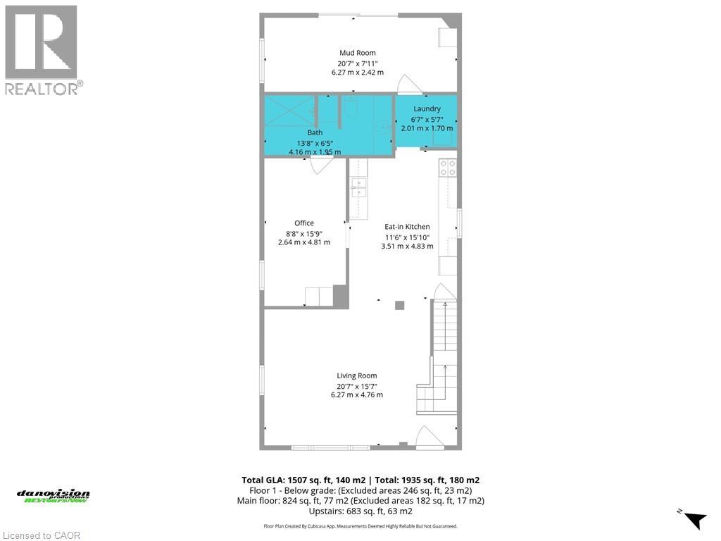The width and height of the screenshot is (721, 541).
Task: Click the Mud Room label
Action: coord(357,53)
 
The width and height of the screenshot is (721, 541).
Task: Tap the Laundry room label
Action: coord(427,108)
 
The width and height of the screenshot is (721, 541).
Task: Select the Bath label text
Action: coord(315,132)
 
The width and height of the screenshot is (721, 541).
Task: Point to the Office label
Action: coord(304,223)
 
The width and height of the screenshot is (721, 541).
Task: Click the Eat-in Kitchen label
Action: coord(407,227)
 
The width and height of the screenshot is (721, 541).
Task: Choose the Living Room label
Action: coord(357,375)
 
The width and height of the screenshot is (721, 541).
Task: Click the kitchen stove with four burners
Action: coord(448,168)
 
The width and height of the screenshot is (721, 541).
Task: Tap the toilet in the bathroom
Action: coord(351,106)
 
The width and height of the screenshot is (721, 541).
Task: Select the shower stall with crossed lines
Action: coord(289,110)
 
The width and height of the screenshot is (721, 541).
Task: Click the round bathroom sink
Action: coord(381,128)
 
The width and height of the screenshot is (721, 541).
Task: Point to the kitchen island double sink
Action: coord(358,189)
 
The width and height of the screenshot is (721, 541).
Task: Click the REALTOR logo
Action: coord(42,49)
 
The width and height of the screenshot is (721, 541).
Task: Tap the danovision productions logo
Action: coord(54,496)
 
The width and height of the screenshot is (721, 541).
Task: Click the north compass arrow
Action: coord(695,518)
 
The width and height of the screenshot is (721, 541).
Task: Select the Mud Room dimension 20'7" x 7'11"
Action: coord(357,63)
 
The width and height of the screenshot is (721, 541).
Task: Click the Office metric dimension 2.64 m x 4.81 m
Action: coord(304,242)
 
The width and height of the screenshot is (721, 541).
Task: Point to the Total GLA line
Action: coord(360,480)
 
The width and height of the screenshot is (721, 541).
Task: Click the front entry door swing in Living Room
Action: coord(428,437)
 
